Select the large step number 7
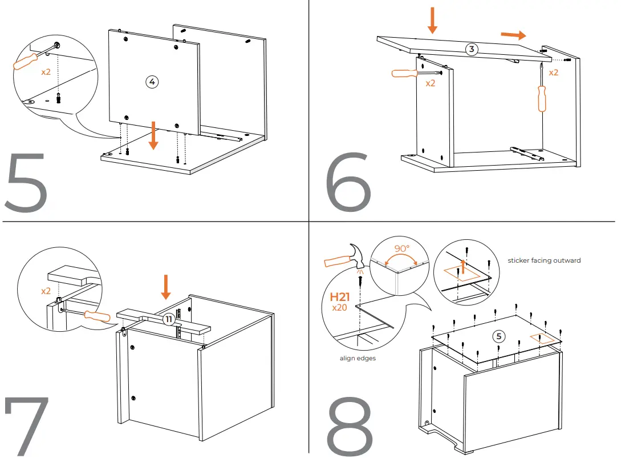26,425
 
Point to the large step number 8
350,426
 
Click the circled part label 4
151,82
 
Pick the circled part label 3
471,49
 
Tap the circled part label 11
169,319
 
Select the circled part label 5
499,336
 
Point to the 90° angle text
403,249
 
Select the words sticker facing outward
544,260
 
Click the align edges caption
357,359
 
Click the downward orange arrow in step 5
152,137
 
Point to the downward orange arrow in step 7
166,287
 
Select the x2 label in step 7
46,291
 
